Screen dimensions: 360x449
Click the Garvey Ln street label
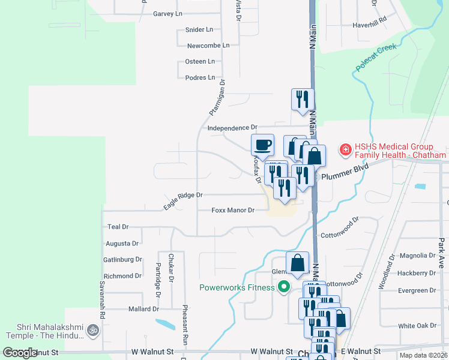click(167, 13)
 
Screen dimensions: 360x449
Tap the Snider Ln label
click(200, 29)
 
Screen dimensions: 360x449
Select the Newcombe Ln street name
click(208, 46)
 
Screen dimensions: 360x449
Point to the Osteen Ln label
click(200, 61)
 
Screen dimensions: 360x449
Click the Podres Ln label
click(200, 77)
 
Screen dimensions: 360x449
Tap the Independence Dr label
click(232, 128)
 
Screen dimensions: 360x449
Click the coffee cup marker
click(262, 145)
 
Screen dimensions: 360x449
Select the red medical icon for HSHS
click(345, 150)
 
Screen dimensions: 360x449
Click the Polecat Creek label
click(376, 57)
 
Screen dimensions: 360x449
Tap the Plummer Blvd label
click(344, 175)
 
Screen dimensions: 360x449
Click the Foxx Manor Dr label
click(234, 211)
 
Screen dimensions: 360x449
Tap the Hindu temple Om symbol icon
click(92, 329)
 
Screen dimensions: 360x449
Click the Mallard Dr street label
click(143, 309)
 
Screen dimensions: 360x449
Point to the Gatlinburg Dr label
click(122, 260)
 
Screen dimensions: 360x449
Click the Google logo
click(20, 353)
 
